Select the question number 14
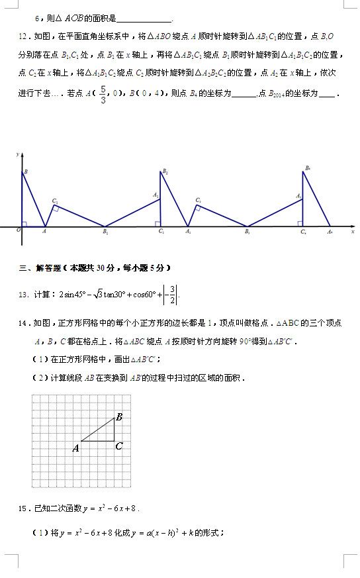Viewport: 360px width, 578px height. point(22,323)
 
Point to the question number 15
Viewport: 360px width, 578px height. point(22,508)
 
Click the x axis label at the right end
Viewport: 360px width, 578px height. point(353,232)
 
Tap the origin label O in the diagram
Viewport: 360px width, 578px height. point(18,231)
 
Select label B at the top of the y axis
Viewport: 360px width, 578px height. point(25,173)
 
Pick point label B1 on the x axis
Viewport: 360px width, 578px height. point(105,232)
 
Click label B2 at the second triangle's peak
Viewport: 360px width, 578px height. point(165,171)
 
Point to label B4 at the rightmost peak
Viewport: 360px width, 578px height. point(308,168)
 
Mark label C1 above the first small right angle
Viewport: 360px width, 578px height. point(55,201)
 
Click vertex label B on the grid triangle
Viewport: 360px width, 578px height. point(119,417)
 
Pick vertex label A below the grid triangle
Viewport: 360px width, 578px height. point(75,448)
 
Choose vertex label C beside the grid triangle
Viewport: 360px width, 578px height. point(118,446)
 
